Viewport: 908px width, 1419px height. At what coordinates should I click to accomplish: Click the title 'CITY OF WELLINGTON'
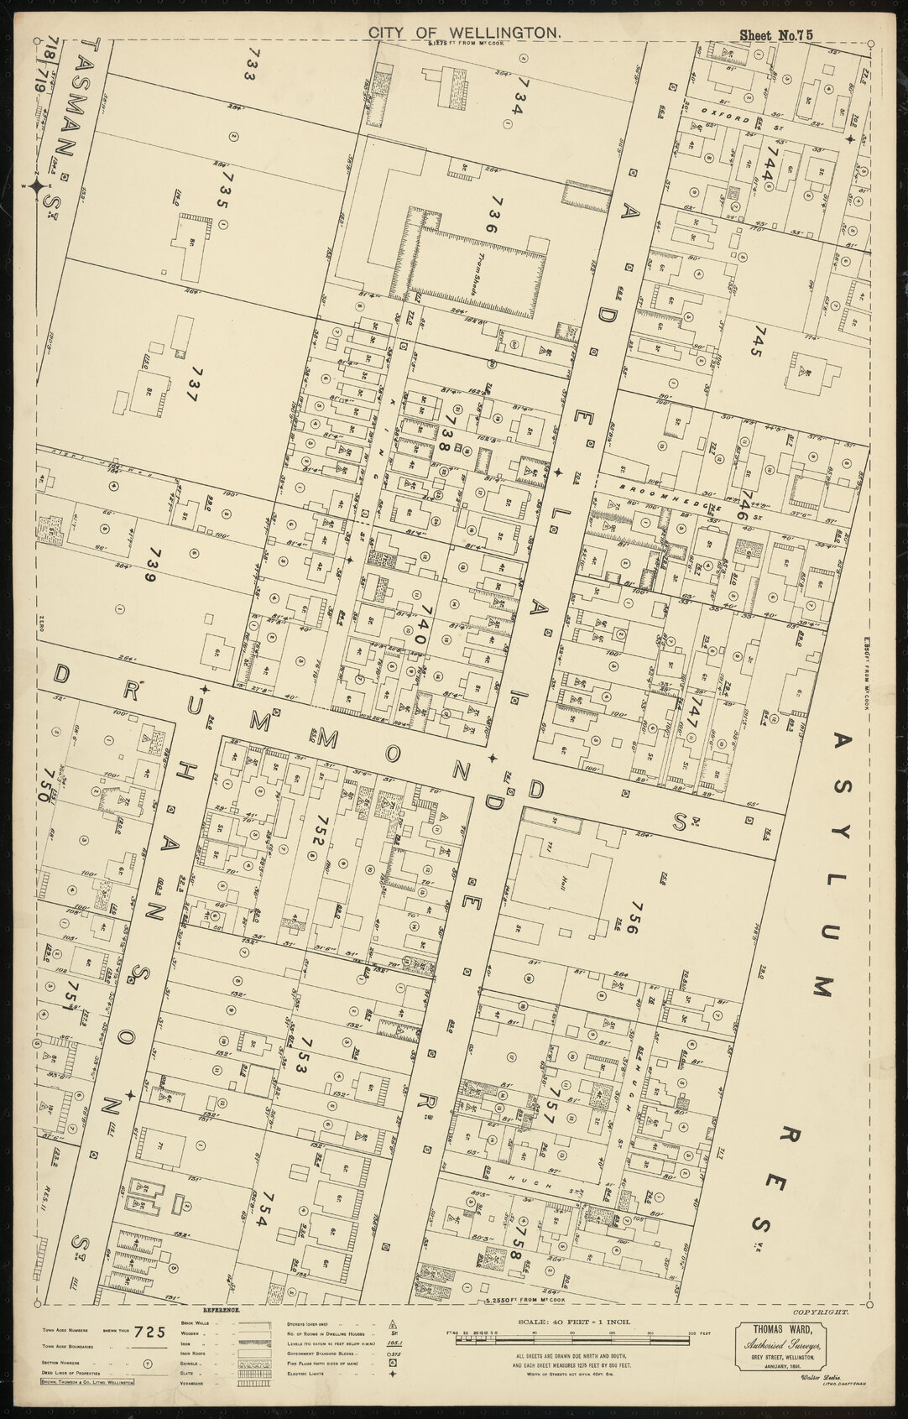(463, 32)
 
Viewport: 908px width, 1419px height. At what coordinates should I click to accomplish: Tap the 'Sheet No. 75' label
(776, 34)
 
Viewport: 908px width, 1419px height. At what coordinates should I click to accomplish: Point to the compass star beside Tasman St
(37, 187)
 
